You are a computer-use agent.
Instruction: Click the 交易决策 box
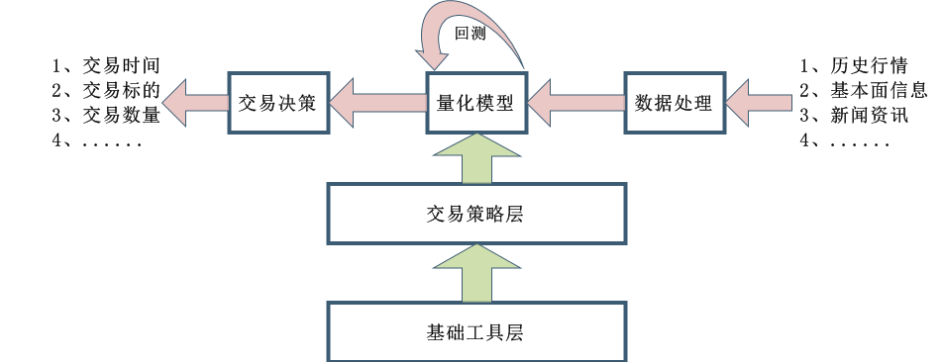[x=278, y=102]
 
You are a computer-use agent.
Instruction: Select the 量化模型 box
[x=475, y=102]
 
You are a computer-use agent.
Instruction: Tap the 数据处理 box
[x=674, y=102]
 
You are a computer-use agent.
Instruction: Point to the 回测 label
[x=469, y=33]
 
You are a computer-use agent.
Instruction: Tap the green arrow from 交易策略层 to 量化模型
[x=475, y=158]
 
